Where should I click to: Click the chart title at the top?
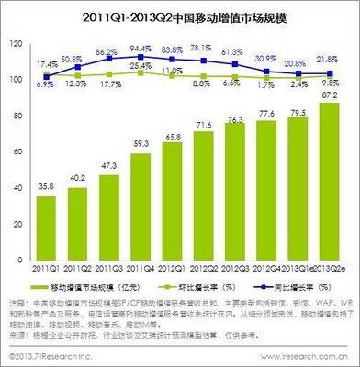(181, 16)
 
